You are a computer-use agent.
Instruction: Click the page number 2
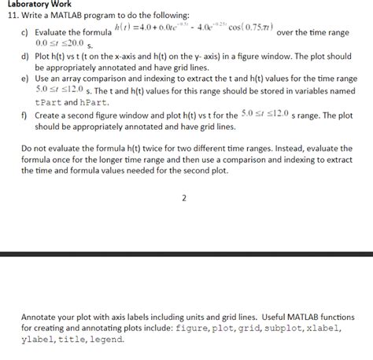[184, 198]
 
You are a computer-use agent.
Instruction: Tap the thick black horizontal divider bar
[186, 253]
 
